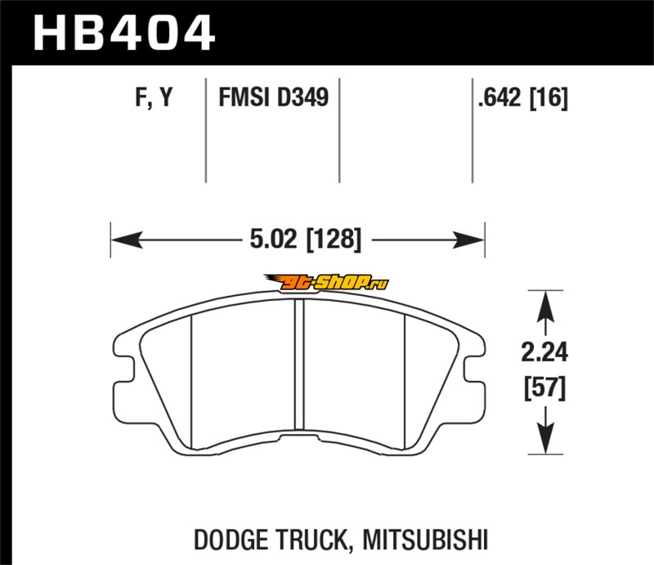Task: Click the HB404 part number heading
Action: pos(124,33)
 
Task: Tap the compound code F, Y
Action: pos(154,97)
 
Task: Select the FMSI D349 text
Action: pos(274,97)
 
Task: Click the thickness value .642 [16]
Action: pos(523,98)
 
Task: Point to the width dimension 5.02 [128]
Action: pos(305,240)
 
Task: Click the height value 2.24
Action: pos(544,352)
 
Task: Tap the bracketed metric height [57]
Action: pos(544,388)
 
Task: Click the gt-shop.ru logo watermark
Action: pos(326,282)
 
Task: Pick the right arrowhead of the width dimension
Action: pos(468,240)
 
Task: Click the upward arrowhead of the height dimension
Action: pos(545,307)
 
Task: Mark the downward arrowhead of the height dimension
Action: pos(545,437)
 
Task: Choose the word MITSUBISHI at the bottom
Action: pos(425,540)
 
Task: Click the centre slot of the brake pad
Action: pos(299,365)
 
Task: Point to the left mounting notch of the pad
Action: pos(125,369)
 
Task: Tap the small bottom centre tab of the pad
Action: pos(299,437)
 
